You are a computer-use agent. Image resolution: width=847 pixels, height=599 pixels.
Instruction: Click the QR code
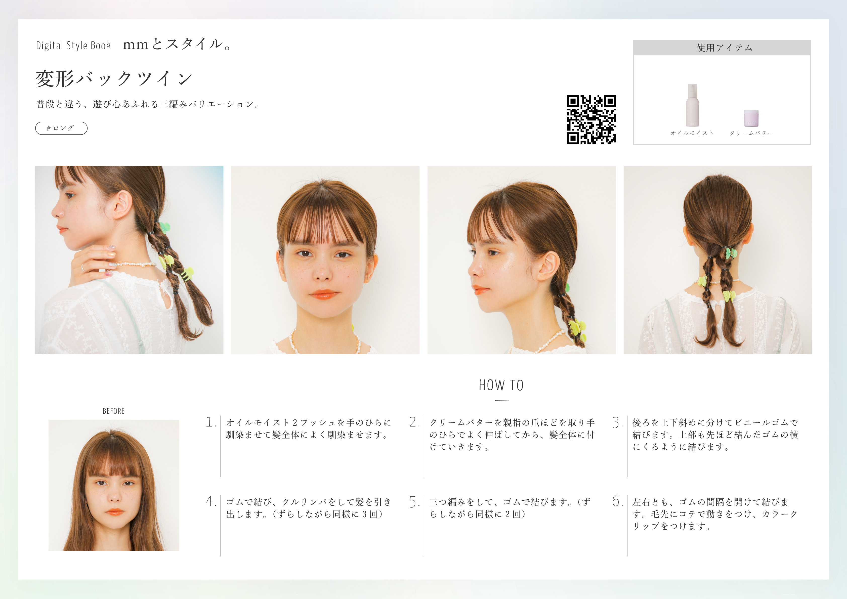tap(591, 119)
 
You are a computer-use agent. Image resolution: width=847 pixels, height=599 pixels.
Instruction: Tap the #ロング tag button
tap(61, 128)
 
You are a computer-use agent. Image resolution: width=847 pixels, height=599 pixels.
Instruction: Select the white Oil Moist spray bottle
tap(692, 105)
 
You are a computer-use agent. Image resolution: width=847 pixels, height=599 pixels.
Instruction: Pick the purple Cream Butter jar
tap(751, 118)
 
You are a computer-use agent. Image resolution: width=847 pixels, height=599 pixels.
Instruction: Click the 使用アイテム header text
tap(724, 48)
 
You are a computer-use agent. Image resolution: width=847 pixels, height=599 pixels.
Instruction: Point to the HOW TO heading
tap(501, 385)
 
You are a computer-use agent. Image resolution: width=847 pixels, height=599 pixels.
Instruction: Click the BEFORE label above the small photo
tap(114, 411)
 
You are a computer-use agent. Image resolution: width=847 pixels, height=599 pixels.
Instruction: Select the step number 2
tap(414, 422)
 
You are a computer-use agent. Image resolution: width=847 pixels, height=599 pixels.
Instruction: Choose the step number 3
tap(617, 422)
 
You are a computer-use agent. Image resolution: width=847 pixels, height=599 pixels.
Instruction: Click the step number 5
tap(414, 502)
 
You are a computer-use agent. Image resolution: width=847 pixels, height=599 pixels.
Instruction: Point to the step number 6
tap(617, 501)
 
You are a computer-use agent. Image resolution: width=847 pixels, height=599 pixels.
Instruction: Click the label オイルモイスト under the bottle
tap(692, 133)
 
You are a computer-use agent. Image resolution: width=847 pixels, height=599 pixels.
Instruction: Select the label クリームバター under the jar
tap(751, 133)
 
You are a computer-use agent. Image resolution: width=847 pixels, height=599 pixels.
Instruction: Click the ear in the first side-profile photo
tap(122, 205)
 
